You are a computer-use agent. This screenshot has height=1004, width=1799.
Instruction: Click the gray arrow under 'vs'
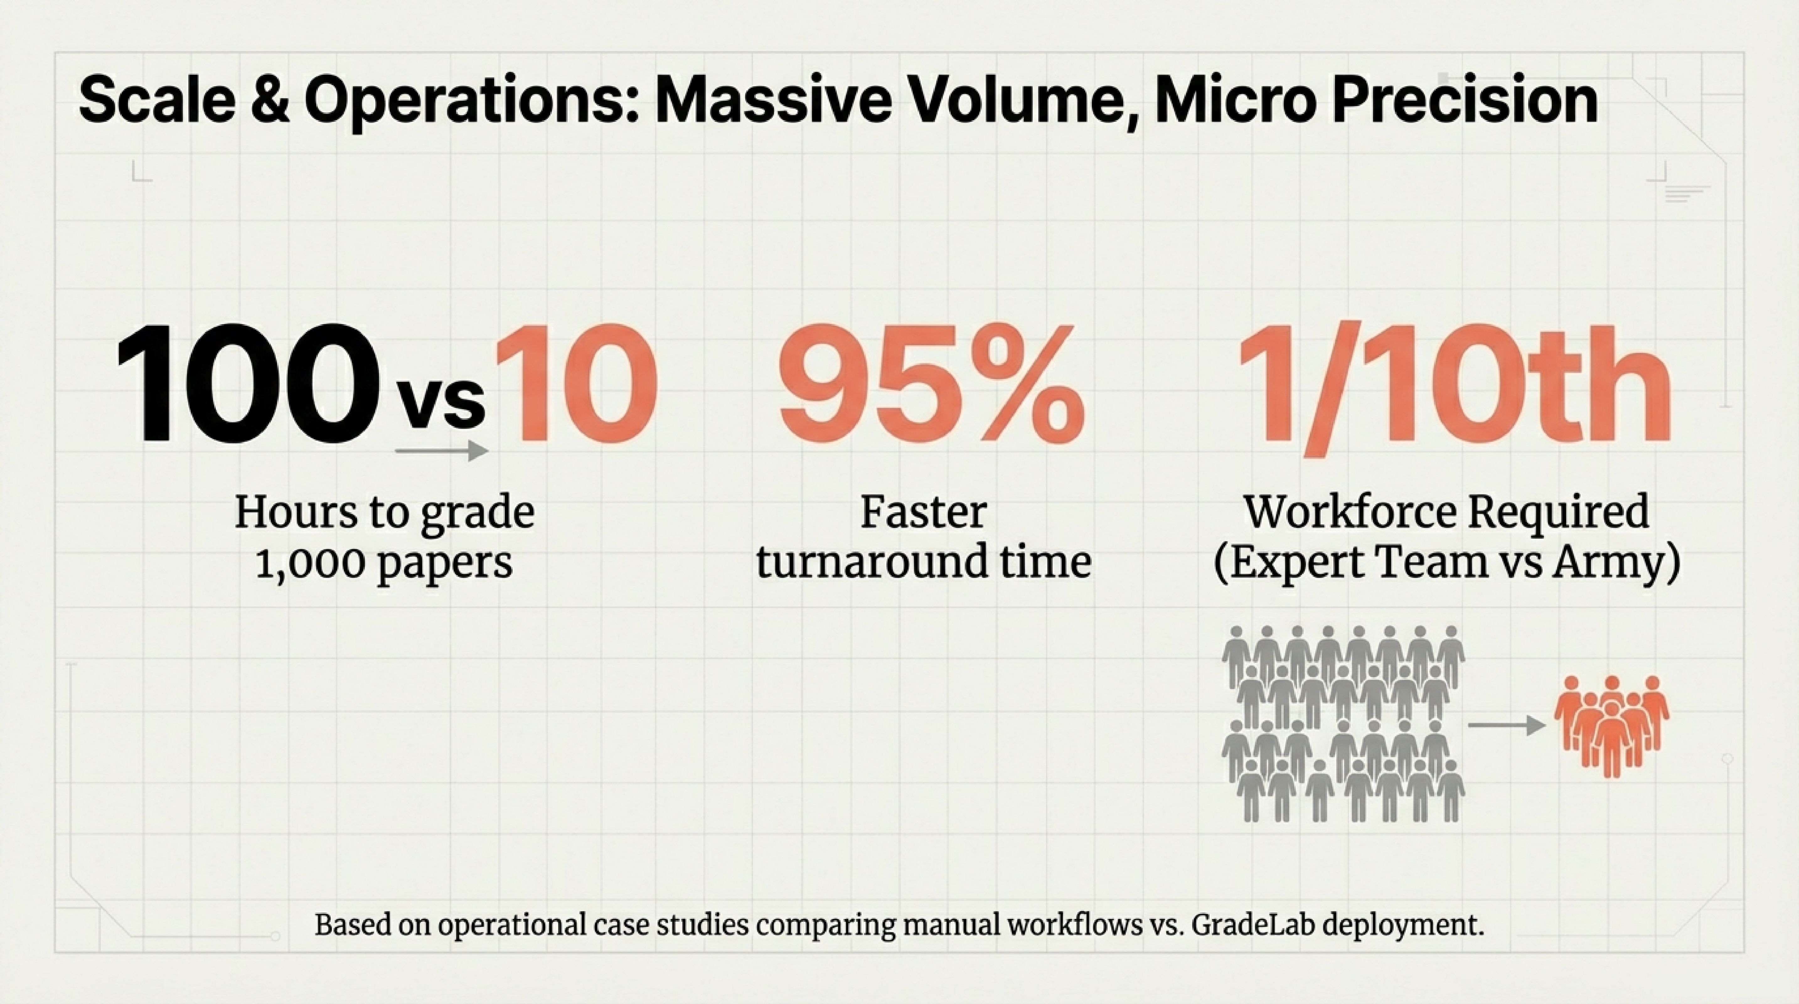pos(441,451)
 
